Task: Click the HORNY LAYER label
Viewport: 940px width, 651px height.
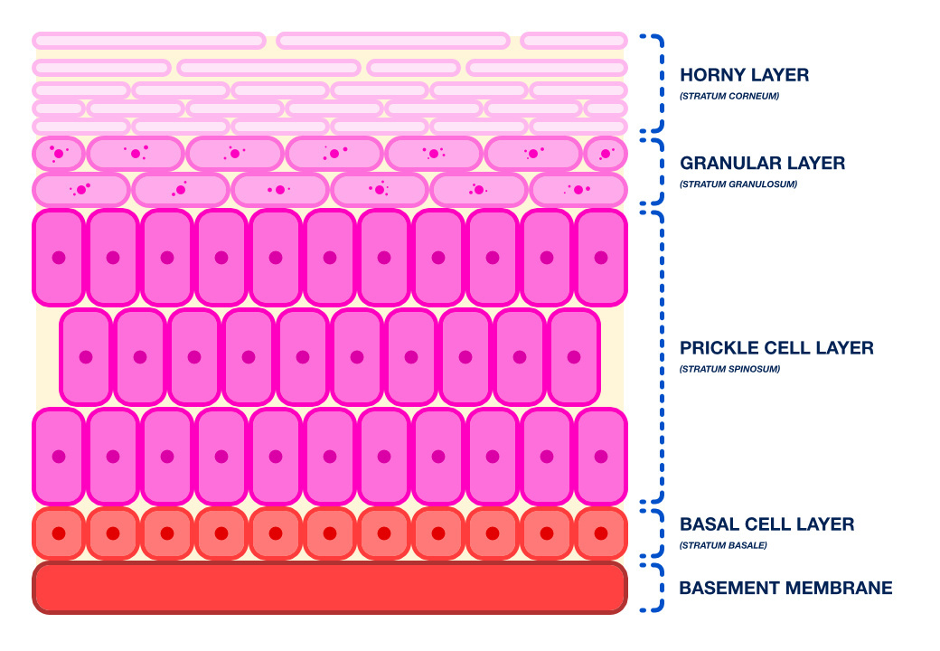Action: coord(744,75)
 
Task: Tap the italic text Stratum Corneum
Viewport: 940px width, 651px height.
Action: coord(728,96)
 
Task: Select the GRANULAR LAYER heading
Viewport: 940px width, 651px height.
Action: coord(762,164)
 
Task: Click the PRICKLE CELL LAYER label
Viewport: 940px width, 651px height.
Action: coord(776,348)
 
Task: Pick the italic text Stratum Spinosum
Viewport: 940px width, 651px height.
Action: coord(728,369)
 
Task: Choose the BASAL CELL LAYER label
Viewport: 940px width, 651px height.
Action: coord(766,524)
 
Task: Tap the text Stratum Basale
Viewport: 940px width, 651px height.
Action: coord(722,545)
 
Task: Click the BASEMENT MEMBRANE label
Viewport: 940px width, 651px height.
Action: coord(785,589)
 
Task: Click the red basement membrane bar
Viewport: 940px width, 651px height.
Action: coord(330,588)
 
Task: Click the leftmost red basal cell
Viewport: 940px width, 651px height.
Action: coord(59,533)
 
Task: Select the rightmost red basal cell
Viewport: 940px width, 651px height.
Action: coord(601,533)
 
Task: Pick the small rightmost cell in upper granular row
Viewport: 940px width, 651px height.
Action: coord(606,154)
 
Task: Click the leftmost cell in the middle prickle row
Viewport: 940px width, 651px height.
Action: coord(86,357)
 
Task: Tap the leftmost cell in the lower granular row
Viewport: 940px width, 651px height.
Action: coord(81,190)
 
